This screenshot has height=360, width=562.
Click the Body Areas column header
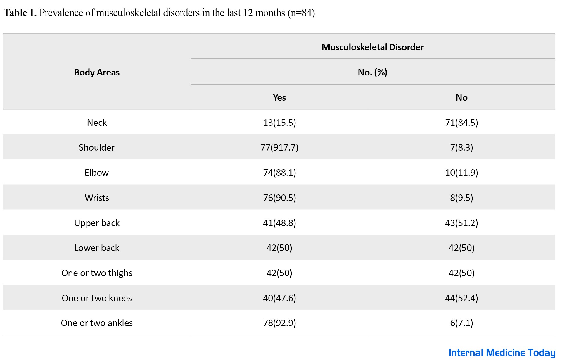point(97,72)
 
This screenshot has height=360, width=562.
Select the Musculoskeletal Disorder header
point(372,47)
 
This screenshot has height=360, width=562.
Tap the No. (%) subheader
point(372,72)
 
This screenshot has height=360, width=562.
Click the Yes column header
point(279,97)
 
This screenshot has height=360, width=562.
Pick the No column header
point(461,97)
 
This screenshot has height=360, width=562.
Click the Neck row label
point(97,123)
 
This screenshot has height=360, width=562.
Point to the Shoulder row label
point(96,147)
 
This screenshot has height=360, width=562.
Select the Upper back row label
point(97,223)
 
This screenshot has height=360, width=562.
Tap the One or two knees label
point(97,298)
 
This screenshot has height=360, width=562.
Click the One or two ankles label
point(97,323)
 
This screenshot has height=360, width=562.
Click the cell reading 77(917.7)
point(279,147)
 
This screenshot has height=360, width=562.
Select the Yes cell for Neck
point(279,123)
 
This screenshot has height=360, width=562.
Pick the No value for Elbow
point(461,173)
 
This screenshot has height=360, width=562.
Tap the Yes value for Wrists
point(279,198)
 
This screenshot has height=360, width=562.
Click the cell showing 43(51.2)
point(461,223)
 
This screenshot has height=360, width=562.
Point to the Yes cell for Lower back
point(279,248)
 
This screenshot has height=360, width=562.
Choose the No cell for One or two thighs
point(461,273)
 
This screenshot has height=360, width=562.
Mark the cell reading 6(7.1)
point(461,323)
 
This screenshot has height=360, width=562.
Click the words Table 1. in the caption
point(20,13)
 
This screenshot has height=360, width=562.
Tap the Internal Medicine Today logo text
point(502,353)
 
